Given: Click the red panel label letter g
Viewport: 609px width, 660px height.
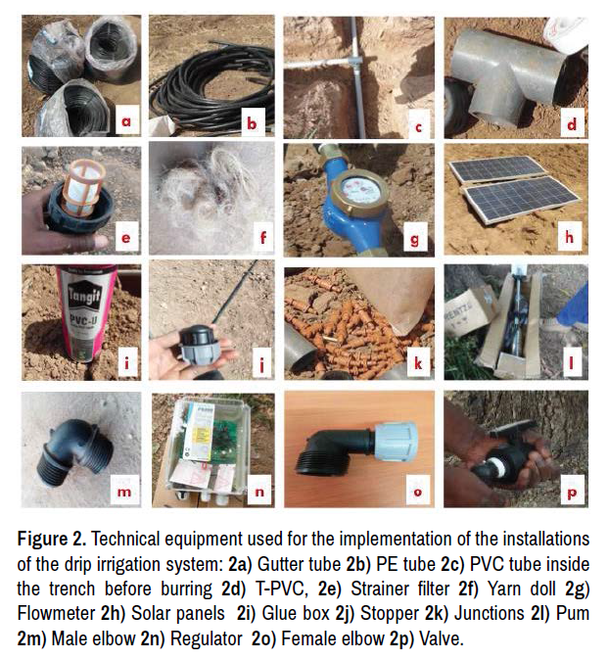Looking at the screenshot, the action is coord(414,239).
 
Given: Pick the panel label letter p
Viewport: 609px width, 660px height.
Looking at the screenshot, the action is coord(572,492).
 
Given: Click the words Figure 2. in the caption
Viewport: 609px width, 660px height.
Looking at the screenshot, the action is coord(52,540).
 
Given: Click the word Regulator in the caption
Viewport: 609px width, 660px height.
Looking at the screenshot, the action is coord(207,638).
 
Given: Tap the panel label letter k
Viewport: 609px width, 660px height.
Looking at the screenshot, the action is coord(417,362).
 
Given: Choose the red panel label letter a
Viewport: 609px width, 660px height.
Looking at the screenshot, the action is coord(126,122).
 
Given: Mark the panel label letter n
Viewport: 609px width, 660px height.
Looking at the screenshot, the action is coord(259,492).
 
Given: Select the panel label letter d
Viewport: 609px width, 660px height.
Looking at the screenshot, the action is coord(572,123).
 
